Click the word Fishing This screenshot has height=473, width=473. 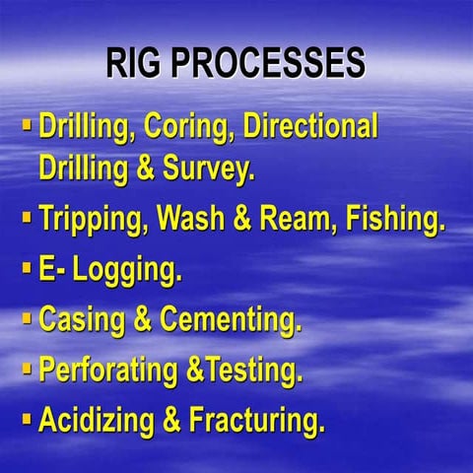[393, 219]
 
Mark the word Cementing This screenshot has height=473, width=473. [229, 320]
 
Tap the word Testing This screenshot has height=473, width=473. [250, 372]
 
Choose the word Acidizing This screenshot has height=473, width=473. [96, 422]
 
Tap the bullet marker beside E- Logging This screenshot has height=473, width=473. [27, 266]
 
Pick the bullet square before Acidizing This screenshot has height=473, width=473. [27, 418]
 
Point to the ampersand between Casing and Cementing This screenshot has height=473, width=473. [140, 320]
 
